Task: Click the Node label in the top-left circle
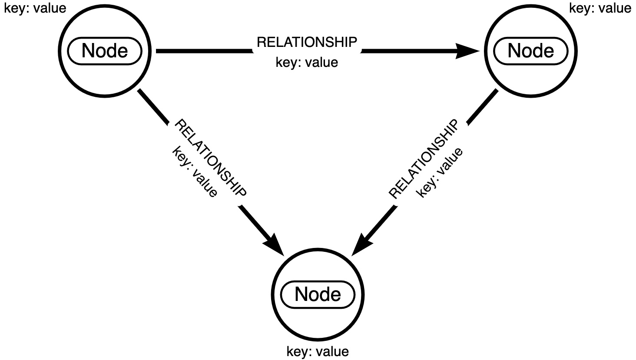pos(105,51)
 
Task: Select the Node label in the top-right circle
pos(530,51)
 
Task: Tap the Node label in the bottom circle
pos(318,294)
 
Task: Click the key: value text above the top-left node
pos(35,8)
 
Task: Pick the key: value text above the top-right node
pos(600,8)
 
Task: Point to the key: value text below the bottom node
pos(318,351)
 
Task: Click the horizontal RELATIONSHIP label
pos(307,42)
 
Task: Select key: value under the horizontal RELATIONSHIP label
pos(307,62)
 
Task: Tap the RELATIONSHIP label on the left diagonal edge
pos(210,158)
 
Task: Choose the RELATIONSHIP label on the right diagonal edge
pos(424,159)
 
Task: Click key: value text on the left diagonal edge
pos(195,172)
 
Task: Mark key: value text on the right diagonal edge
pos(440,172)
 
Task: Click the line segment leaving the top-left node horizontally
pos(204,51)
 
